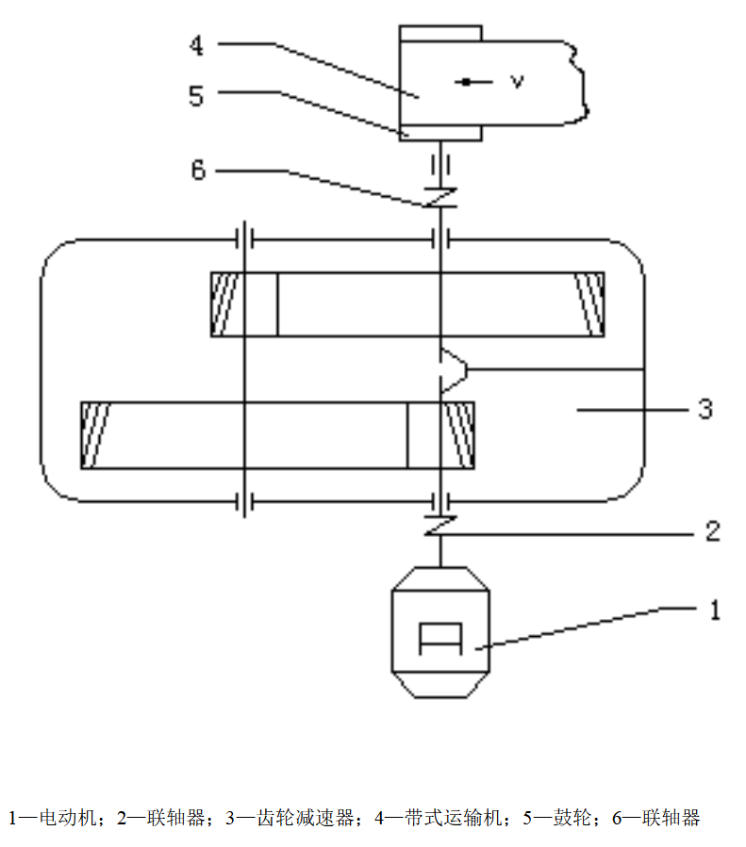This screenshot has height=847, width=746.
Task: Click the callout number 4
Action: [197, 45]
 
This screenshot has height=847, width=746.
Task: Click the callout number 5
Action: [196, 96]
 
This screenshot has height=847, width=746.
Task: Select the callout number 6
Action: [198, 171]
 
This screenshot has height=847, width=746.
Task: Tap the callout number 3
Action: [705, 409]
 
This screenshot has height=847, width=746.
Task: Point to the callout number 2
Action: [713, 531]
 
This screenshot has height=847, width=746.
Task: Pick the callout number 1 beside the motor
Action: [715, 610]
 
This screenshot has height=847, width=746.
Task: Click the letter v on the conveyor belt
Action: [518, 82]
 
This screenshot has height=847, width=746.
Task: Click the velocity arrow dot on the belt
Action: [466, 82]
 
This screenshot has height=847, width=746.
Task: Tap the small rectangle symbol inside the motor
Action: [440, 639]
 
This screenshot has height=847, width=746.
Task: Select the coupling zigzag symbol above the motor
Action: [440, 526]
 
